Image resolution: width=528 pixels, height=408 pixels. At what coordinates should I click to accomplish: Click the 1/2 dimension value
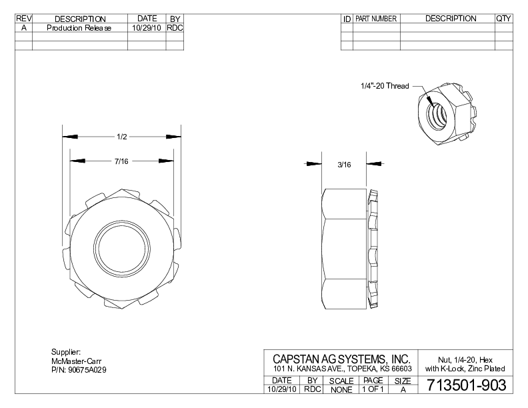click(122, 137)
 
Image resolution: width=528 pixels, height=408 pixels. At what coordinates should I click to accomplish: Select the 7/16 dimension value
click(121, 161)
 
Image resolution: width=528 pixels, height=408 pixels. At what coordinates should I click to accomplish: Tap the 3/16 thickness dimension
click(344, 165)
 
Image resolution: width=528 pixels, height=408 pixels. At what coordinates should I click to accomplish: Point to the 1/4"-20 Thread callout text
click(385, 86)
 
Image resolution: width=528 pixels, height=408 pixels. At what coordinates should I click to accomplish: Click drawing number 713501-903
click(467, 385)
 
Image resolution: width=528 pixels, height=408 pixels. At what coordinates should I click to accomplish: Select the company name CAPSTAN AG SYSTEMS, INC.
click(341, 359)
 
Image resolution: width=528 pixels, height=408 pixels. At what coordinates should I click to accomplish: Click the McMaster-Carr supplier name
click(76, 361)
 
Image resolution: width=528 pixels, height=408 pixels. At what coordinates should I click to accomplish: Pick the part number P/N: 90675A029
click(79, 370)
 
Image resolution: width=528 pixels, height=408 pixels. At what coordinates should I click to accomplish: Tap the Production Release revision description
click(79, 28)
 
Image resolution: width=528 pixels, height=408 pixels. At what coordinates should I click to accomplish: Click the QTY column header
click(504, 19)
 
